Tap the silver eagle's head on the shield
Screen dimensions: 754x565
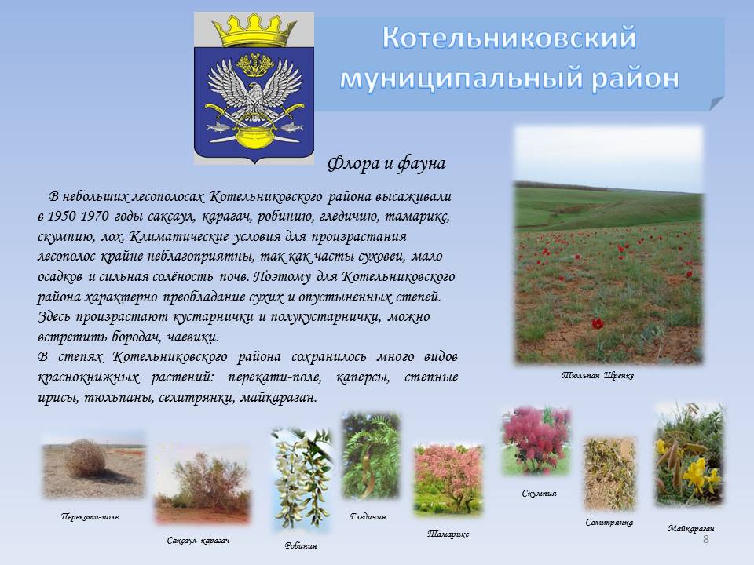click(254, 91)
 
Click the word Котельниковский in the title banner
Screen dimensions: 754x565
click(510, 38)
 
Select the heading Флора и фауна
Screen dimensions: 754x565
click(386, 164)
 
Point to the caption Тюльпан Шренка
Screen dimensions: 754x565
click(598, 376)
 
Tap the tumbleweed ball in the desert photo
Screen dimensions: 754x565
click(86, 457)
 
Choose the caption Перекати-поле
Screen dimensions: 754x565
click(90, 517)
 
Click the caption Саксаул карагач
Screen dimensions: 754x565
click(198, 541)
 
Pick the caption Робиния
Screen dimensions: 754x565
click(301, 546)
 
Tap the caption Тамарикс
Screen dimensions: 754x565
click(448, 534)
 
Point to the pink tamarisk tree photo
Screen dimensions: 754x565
click(448, 480)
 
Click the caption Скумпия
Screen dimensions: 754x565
click(539, 494)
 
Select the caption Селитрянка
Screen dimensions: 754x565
click(609, 523)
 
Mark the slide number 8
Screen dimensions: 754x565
click(706, 539)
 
